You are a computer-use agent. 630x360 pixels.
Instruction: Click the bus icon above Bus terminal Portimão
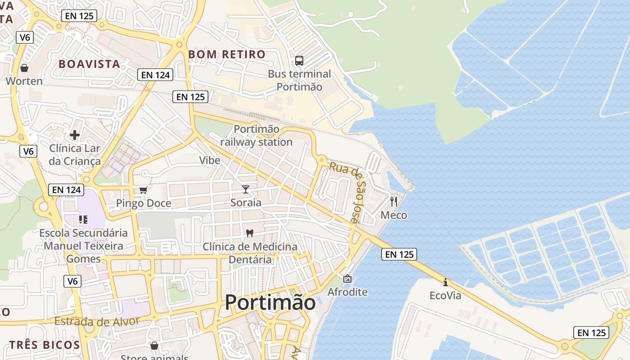click(x=299, y=60)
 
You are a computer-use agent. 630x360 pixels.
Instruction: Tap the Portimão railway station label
click(x=256, y=135)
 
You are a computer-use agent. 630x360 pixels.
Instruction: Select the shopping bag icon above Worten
click(x=24, y=68)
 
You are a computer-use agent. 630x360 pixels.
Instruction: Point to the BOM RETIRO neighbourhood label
click(x=227, y=54)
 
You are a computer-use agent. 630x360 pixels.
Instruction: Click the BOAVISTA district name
click(x=90, y=64)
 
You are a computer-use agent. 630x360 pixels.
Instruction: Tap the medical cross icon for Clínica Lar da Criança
click(x=75, y=135)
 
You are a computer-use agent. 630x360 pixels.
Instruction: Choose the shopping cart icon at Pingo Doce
click(x=144, y=190)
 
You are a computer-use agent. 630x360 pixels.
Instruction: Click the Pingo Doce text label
click(x=144, y=203)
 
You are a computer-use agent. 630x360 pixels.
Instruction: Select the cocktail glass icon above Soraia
click(x=246, y=189)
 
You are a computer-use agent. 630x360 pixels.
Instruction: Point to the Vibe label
click(x=210, y=160)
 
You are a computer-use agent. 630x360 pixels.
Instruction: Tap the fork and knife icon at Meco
click(x=394, y=201)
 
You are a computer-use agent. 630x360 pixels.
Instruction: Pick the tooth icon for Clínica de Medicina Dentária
click(x=250, y=233)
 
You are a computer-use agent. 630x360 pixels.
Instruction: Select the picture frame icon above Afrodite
click(x=347, y=279)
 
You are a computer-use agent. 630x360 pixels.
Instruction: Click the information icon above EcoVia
click(x=445, y=282)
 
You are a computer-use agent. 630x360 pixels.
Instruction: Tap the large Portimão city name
click(x=270, y=302)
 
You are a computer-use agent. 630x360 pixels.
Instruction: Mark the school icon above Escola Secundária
click(x=83, y=220)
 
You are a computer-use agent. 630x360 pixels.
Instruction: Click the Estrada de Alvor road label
click(x=97, y=321)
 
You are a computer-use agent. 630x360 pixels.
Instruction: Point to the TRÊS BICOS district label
click(x=45, y=345)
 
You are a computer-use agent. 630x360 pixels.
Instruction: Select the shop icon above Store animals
click(x=154, y=346)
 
